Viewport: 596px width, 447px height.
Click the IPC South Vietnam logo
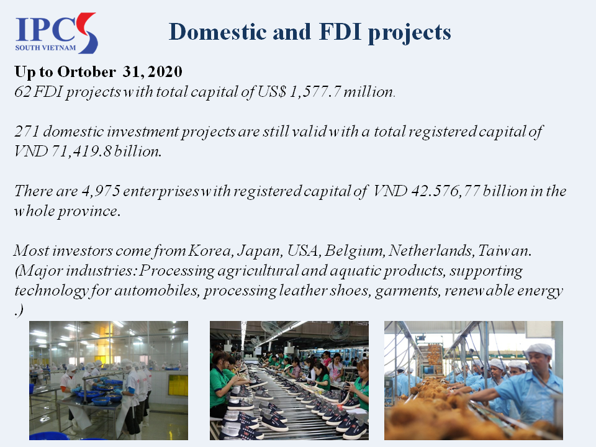(x=56, y=33)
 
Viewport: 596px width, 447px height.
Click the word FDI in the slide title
(x=340, y=31)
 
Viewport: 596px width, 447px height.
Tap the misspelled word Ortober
(x=87, y=71)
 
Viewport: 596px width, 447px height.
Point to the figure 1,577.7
(x=315, y=92)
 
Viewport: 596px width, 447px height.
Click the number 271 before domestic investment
(x=27, y=132)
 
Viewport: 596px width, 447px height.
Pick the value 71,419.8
(x=81, y=151)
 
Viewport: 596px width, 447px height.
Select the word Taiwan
(x=504, y=251)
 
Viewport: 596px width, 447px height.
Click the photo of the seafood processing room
(x=109, y=381)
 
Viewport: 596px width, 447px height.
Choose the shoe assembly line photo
(x=289, y=381)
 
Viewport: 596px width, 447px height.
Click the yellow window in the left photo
(x=178, y=385)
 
